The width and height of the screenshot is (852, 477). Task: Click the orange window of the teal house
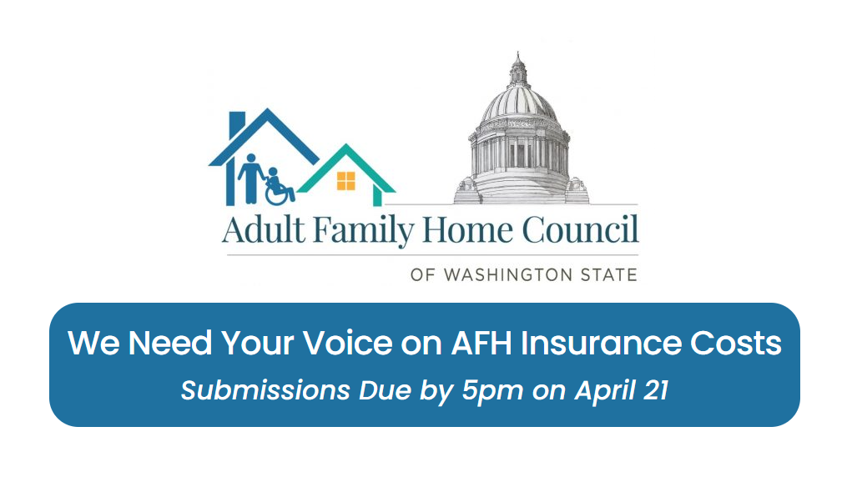point(345,180)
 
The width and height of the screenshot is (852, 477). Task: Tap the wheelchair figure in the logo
point(279,188)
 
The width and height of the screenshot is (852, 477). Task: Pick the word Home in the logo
point(466,230)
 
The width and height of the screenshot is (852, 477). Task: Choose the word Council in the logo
point(582,230)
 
